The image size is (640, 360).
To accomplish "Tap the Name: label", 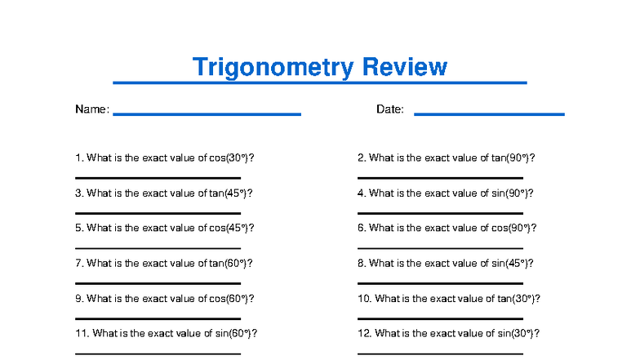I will click(x=92, y=109).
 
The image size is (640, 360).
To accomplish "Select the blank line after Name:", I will click(x=207, y=114).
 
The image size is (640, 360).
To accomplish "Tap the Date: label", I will click(x=390, y=109).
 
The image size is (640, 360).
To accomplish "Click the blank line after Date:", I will click(x=489, y=114).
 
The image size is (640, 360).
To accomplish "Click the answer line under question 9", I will click(x=158, y=318).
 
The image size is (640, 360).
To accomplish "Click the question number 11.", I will click(x=81, y=333).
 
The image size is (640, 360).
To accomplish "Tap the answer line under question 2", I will click(x=440, y=177).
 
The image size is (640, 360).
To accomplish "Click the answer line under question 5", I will click(x=158, y=247).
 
